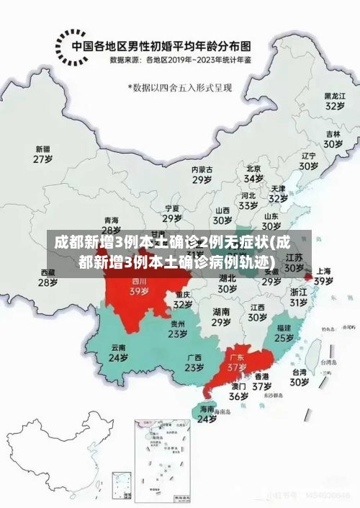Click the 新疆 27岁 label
tap(42, 154)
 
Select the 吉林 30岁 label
tap(332, 139)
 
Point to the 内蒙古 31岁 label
tap(202, 175)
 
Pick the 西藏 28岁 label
tap(48, 277)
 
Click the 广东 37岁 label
tap(237, 362)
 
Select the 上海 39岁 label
tap(323, 277)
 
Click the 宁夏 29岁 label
tap(171, 213)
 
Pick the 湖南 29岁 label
tap(221, 317)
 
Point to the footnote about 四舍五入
tap(180, 88)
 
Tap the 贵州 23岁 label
tap(178, 329)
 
